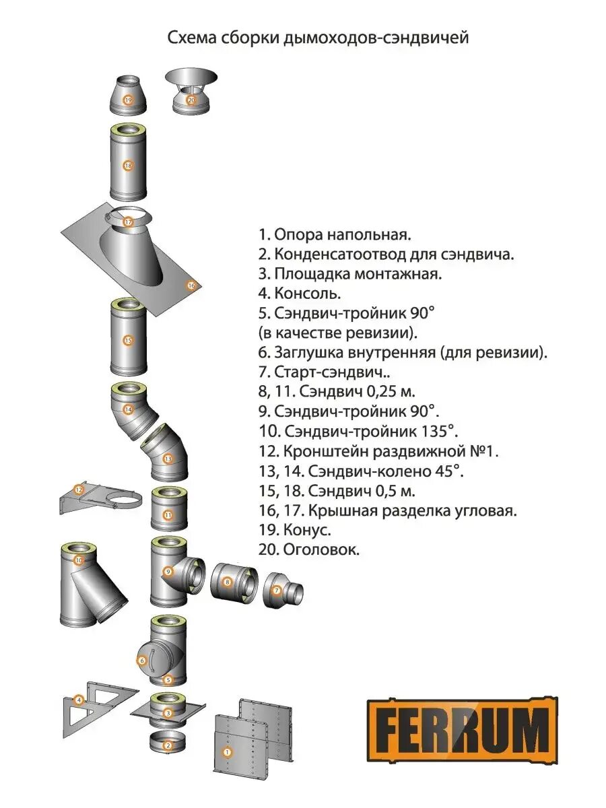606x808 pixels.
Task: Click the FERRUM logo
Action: pyautogui.click(x=463, y=732)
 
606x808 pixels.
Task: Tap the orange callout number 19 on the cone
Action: pyautogui.click(x=128, y=100)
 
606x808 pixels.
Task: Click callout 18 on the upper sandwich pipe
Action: pyautogui.click(x=128, y=165)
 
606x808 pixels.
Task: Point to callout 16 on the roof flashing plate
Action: pyautogui.click(x=191, y=285)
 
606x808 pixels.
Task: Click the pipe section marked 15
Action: pyautogui.click(x=128, y=339)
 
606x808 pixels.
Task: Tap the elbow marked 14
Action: pyautogui.click(x=128, y=409)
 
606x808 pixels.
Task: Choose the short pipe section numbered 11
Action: pyautogui.click(x=168, y=515)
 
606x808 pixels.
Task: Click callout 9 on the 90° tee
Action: pyautogui.click(x=168, y=572)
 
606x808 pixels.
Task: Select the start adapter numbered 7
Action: pyautogui.click(x=281, y=591)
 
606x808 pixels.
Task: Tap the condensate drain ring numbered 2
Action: pyautogui.click(x=168, y=745)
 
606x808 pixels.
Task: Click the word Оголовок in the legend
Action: pyautogui.click(x=316, y=549)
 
